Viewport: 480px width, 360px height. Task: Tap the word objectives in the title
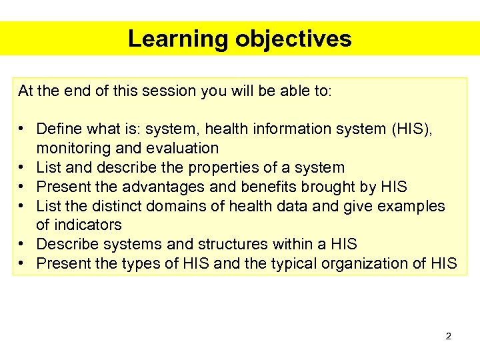click(x=293, y=39)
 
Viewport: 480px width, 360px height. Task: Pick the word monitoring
click(x=70, y=148)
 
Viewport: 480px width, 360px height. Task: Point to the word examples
click(x=411, y=206)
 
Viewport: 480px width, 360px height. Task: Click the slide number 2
click(x=448, y=336)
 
